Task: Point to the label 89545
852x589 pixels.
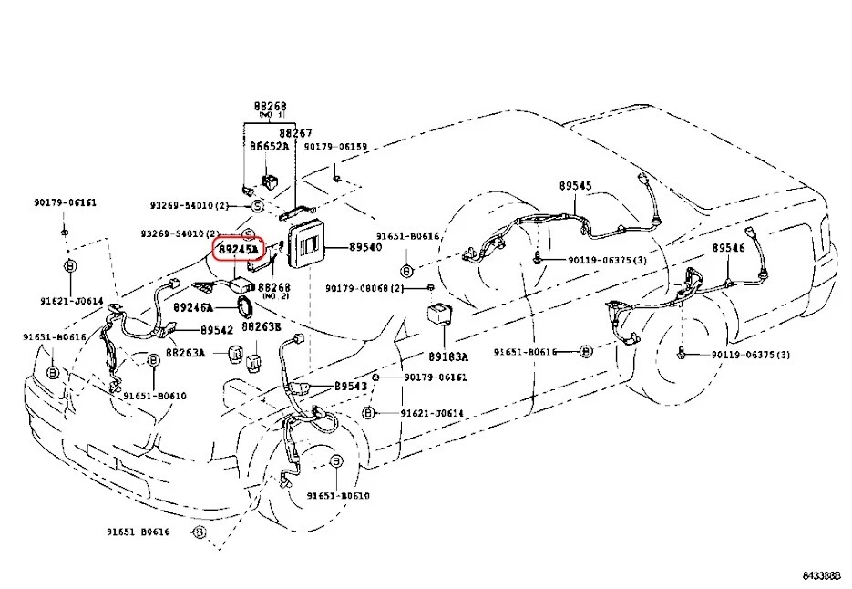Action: click(575, 186)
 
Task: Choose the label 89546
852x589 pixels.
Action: click(728, 247)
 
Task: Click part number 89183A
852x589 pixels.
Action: click(448, 356)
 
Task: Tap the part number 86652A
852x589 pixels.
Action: click(269, 146)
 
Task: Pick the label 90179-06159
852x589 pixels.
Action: click(335, 146)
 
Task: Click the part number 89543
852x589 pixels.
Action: click(350, 387)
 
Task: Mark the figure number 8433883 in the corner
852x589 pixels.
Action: click(825, 575)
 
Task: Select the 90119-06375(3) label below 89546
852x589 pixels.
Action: click(751, 354)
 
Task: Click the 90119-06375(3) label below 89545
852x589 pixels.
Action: click(607, 260)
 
